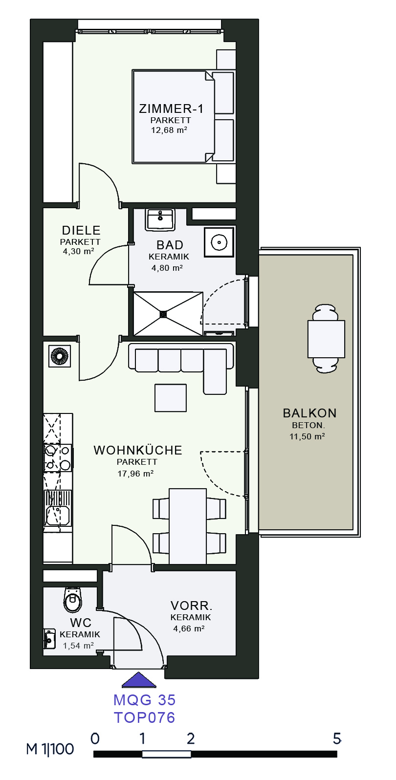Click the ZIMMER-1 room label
pos(171,108)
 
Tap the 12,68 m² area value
pos(169,130)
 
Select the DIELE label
pos(81,230)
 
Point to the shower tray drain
pos(163,314)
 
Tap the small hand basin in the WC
pos(49,639)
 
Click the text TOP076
pos(145,717)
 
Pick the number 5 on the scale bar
pos(337,738)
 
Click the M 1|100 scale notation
pos(50,749)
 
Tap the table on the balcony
pos(326,339)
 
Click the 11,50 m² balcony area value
pos(307,436)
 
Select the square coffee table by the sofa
pos(171,398)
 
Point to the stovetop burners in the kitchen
pos(58,458)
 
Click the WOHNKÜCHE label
pos(138,450)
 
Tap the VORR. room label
pos(191,606)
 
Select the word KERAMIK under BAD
pos(169,257)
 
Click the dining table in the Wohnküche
pos(188,526)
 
